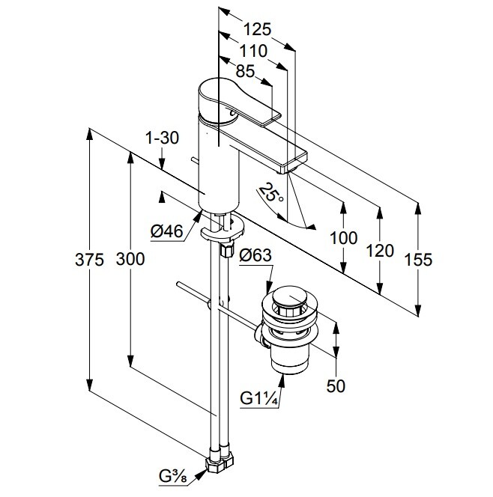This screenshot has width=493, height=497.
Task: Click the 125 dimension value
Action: pos(257,31)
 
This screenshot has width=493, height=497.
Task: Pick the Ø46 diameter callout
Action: pos(167,233)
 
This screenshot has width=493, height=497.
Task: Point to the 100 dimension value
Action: pos(344,238)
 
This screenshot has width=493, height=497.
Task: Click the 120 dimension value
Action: pos(381,250)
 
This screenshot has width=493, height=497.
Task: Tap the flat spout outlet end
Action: pos(294,159)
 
